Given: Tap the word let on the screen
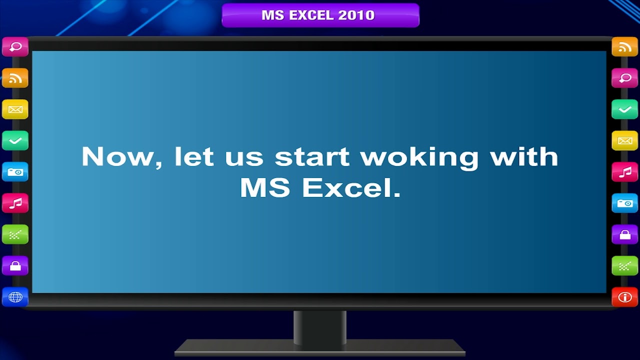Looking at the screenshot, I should pyautogui.click(x=194, y=156).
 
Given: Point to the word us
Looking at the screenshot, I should pyautogui.click(x=244, y=157).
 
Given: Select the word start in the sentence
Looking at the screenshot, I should pyautogui.click(x=312, y=156).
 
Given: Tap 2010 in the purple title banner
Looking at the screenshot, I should pyautogui.click(x=356, y=15).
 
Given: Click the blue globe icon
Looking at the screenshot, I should pyautogui.click(x=15, y=297).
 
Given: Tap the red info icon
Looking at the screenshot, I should pyautogui.click(x=625, y=297).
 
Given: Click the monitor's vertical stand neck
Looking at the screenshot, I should pyautogui.click(x=320, y=327).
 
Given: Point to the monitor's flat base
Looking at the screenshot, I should pyautogui.click(x=320, y=348).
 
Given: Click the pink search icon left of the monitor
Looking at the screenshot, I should pyautogui.click(x=15, y=47).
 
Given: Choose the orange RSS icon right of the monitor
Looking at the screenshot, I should pyautogui.click(x=625, y=47).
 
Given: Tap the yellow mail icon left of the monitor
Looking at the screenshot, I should pyautogui.click(x=15, y=109).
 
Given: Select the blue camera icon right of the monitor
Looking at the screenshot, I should pyautogui.click(x=625, y=203).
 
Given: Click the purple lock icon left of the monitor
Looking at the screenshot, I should pyautogui.click(x=15, y=265).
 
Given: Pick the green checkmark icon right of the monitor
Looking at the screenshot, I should pyautogui.click(x=625, y=109).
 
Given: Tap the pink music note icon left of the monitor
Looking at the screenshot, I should pyautogui.click(x=15, y=203).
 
